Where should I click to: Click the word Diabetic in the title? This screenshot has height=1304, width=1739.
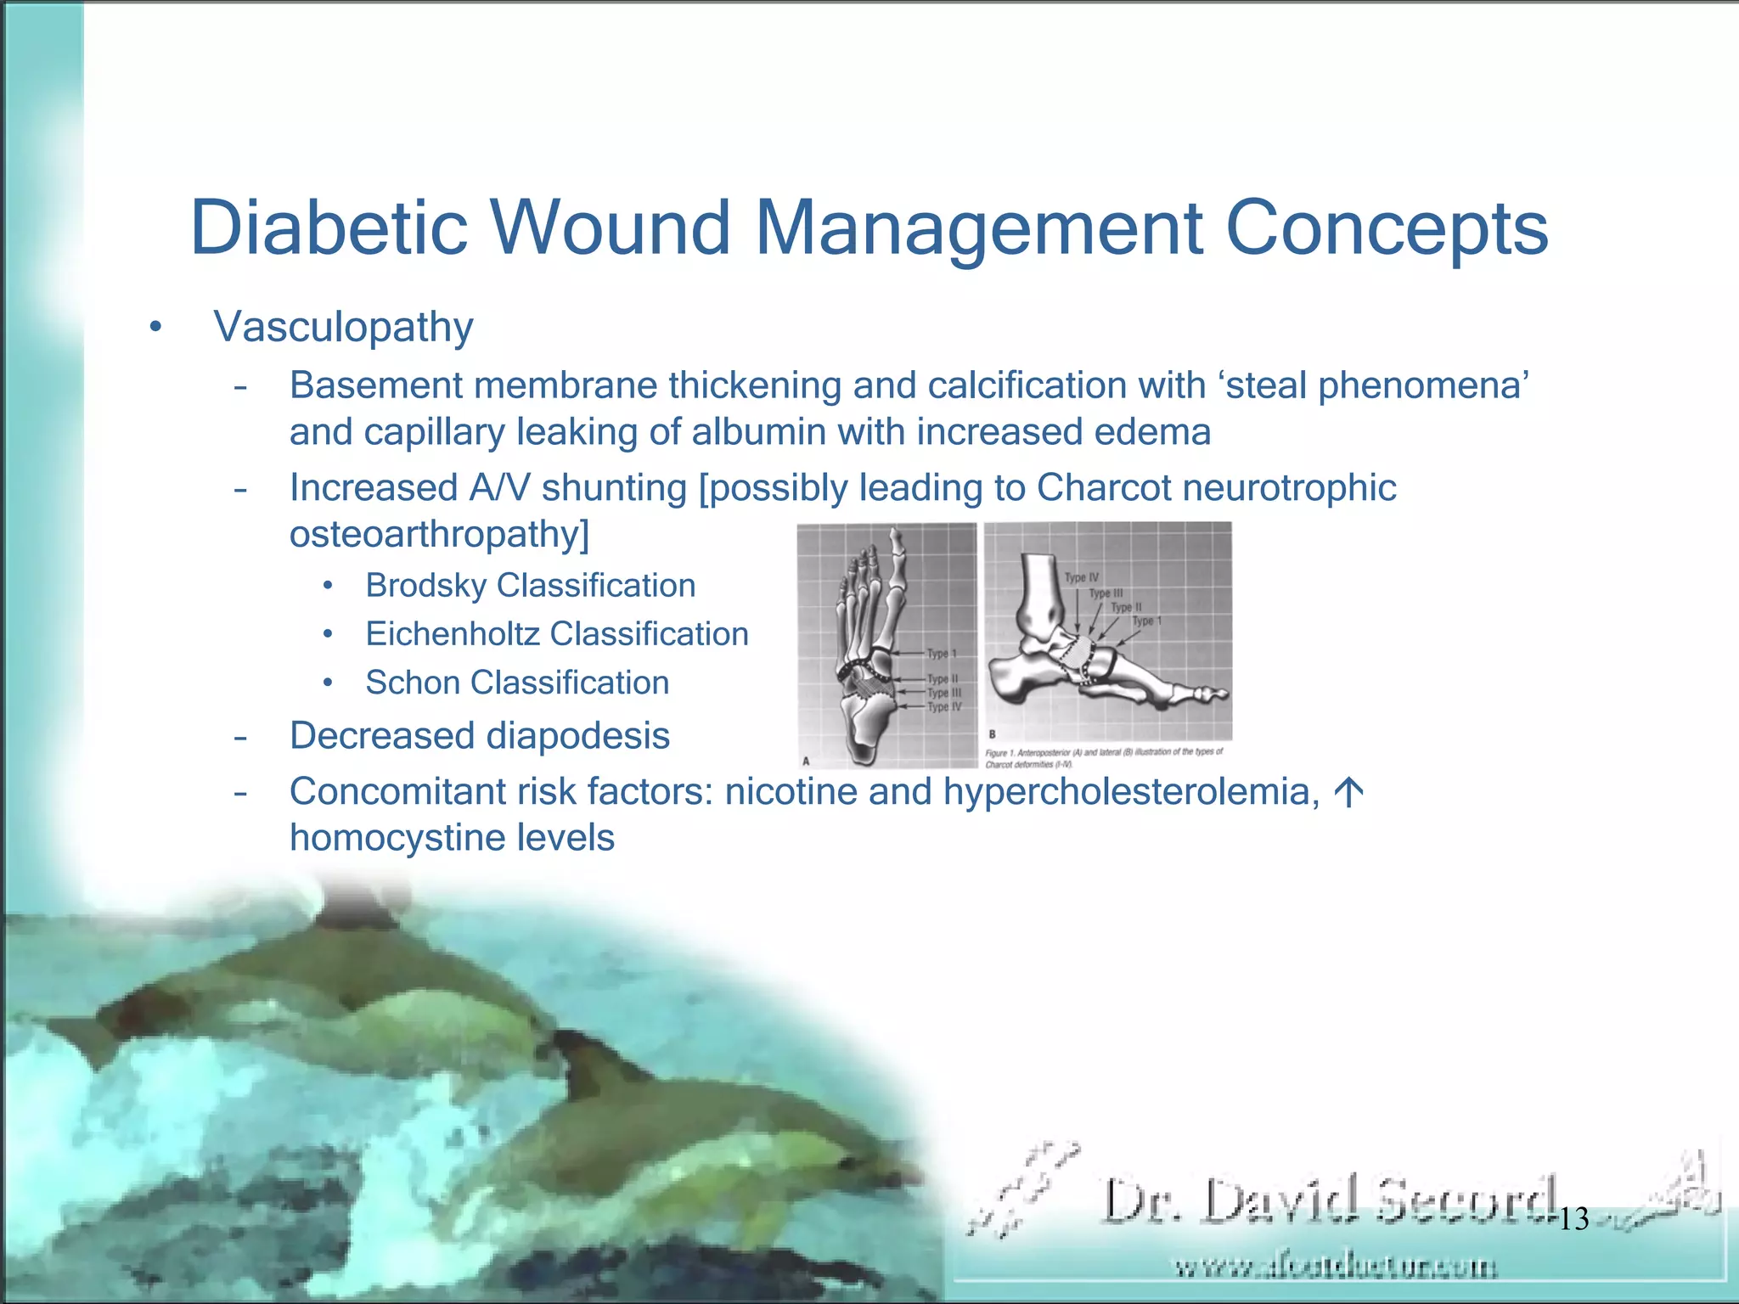[x=329, y=228]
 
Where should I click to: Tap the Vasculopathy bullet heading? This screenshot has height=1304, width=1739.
[x=343, y=327]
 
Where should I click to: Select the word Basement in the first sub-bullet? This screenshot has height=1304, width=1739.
[x=375, y=386]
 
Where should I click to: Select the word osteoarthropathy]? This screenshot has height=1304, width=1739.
[x=439, y=535]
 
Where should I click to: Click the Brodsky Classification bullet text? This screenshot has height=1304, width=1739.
[x=530, y=586]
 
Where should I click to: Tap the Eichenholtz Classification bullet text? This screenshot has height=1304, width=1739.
[x=556, y=634]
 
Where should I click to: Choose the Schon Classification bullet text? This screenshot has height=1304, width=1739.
[x=517, y=683]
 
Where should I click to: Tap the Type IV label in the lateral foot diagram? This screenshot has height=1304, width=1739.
[x=1081, y=578]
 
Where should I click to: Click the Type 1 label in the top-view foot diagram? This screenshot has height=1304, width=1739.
[x=941, y=654]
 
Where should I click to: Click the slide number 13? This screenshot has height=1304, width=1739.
[x=1573, y=1219]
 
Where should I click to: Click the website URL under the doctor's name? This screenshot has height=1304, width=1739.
[x=1335, y=1267]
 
